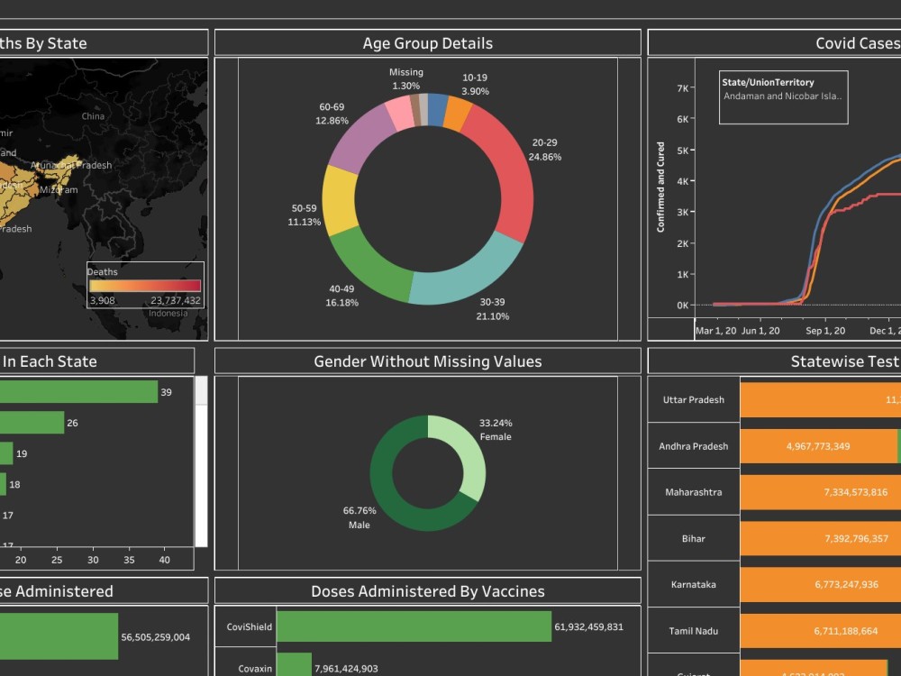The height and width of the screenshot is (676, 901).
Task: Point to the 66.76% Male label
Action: click(359, 517)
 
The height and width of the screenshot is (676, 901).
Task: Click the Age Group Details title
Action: click(427, 43)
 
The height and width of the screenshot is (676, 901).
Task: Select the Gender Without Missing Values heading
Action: click(427, 361)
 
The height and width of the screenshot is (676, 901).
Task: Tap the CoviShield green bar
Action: click(413, 626)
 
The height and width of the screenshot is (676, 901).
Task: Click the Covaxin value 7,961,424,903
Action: click(359, 669)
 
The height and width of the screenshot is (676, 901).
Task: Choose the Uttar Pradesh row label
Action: click(693, 400)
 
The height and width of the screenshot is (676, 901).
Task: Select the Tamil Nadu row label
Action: click(693, 632)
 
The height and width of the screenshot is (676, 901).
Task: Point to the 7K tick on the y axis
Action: click(683, 88)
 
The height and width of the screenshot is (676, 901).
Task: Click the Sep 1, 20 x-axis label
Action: click(825, 331)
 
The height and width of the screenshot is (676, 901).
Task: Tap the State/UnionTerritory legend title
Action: click(768, 82)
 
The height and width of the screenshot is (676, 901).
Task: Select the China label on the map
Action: click(93, 116)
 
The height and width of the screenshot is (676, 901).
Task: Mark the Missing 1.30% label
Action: click(405, 79)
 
